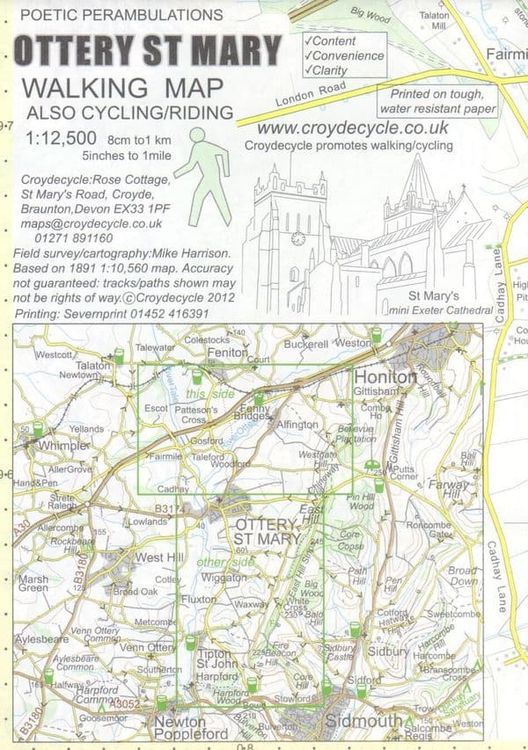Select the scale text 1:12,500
(61, 138)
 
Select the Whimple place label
(64, 447)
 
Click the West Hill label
(159, 557)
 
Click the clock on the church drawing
(298, 238)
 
